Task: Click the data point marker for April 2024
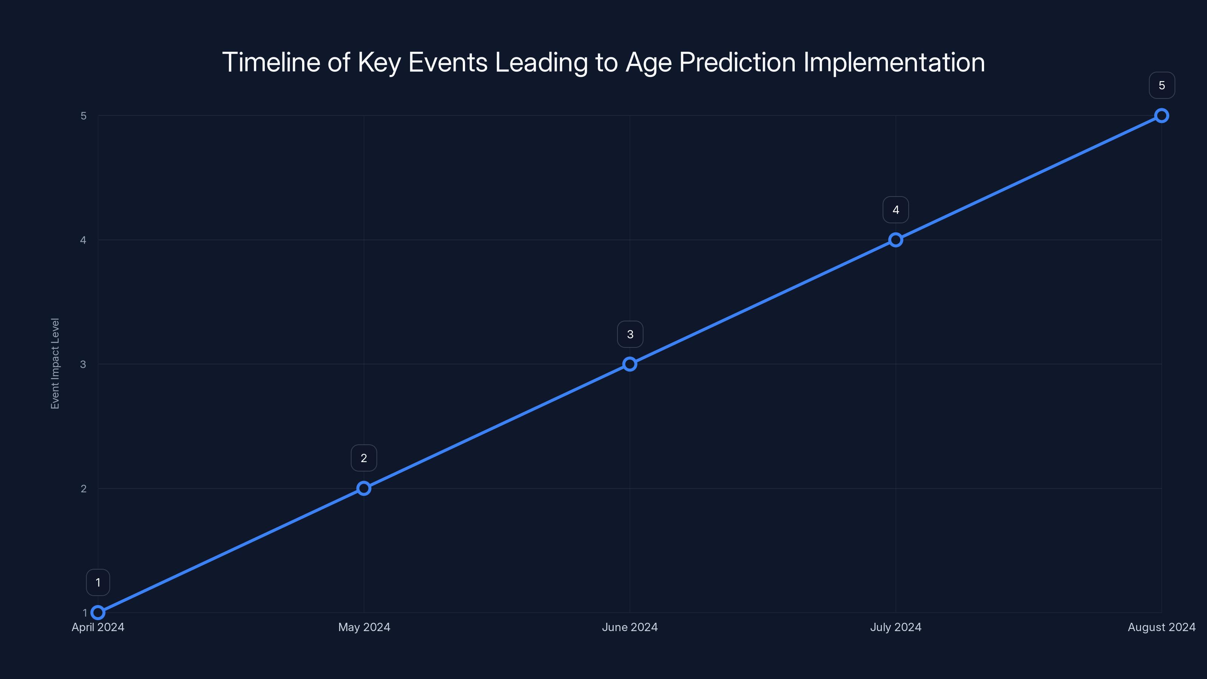(x=98, y=613)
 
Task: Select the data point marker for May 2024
(x=364, y=488)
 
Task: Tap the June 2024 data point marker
(x=630, y=364)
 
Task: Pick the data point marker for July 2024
(x=896, y=240)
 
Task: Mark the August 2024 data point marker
(x=1162, y=116)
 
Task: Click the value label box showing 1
(x=98, y=582)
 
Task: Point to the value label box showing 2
(x=364, y=458)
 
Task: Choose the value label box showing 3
(x=630, y=334)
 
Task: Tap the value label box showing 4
(x=896, y=210)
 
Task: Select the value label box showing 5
(x=1162, y=85)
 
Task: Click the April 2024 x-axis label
(x=98, y=627)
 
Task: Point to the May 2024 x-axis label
(x=364, y=627)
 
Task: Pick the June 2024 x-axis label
(x=630, y=627)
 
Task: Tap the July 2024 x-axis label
(x=896, y=627)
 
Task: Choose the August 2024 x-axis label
(x=1162, y=627)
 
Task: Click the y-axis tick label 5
(x=83, y=116)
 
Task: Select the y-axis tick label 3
(x=83, y=364)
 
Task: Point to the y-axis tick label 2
(x=83, y=488)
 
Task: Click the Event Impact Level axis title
(x=55, y=364)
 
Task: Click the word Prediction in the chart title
(x=737, y=62)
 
